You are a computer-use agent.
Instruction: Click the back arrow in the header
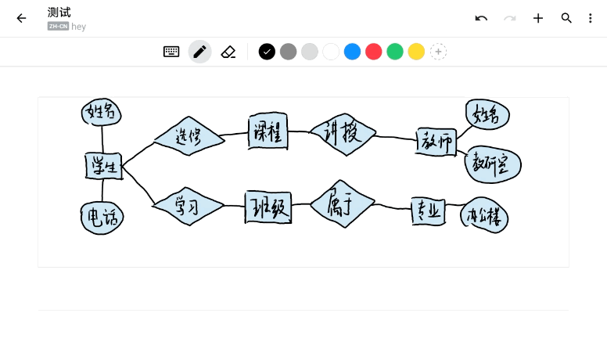[x=21, y=18]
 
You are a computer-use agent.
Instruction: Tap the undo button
[x=481, y=18]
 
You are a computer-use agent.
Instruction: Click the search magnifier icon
[x=566, y=18]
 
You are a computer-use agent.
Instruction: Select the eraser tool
[x=228, y=52]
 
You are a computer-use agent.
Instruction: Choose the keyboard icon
[x=171, y=52]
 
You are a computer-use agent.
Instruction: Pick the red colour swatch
[x=374, y=52]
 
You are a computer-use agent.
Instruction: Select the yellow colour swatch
[x=417, y=52]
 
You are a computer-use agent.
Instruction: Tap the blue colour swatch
[x=353, y=52]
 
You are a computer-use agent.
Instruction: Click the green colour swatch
[x=395, y=52]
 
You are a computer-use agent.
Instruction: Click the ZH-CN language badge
[x=58, y=26]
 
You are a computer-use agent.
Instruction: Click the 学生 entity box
[x=103, y=166]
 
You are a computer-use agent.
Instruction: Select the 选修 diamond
[x=189, y=136]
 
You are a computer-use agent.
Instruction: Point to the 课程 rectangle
[x=268, y=131]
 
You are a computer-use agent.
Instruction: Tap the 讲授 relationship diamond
[x=343, y=134]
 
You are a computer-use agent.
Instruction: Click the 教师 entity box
[x=436, y=142]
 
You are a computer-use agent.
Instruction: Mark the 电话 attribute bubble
[x=102, y=217]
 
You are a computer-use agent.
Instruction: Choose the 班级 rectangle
[x=268, y=207]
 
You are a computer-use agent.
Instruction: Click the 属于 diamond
[x=342, y=204]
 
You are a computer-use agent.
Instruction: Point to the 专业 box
[x=429, y=211]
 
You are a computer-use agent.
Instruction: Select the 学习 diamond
[x=188, y=207]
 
